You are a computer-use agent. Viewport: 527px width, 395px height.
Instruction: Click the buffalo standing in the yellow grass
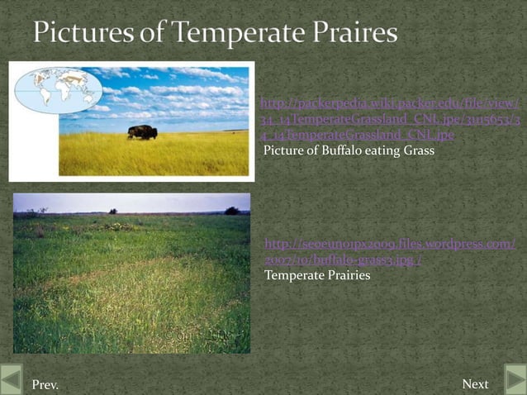click(142, 131)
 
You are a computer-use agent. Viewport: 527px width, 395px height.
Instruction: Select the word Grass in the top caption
click(415, 151)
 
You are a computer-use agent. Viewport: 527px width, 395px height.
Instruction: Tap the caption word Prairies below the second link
click(345, 275)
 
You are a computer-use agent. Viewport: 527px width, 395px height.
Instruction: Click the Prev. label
click(45, 384)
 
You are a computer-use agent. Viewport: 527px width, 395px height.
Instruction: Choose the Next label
click(475, 384)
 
